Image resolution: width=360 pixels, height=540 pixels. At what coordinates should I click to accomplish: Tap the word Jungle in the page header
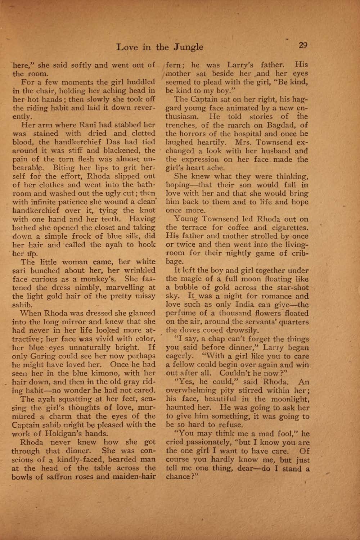coord(189,47)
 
